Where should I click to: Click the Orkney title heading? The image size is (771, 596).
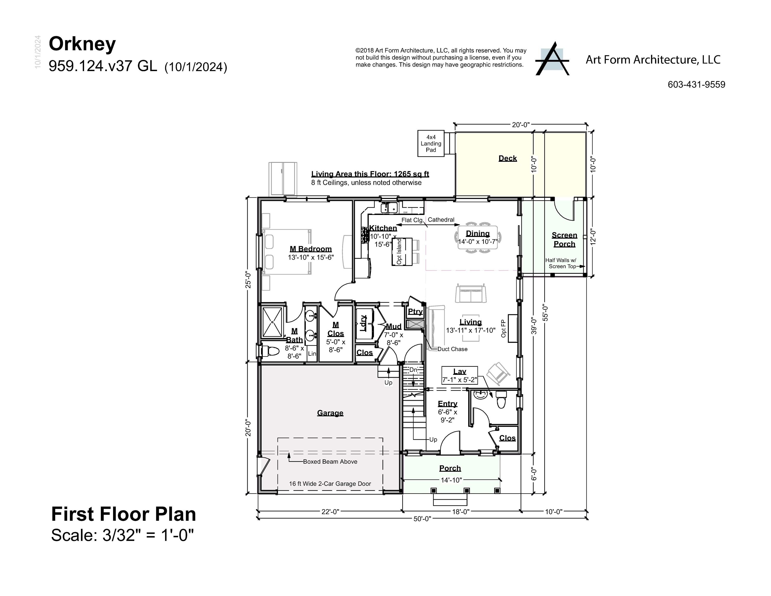tap(82, 44)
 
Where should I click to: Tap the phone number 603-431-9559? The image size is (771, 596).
tap(696, 85)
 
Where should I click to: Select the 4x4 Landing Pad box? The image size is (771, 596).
tap(431, 143)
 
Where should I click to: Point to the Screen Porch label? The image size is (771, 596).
tap(564, 239)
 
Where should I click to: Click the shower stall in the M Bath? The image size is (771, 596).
tap(272, 322)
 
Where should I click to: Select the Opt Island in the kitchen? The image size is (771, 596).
tap(402, 251)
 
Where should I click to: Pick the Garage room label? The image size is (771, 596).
tap(330, 413)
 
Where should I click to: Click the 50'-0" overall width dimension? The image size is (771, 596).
tap(422, 519)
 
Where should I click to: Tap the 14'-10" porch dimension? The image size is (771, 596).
tap(451, 480)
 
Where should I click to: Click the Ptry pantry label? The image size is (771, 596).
tap(415, 311)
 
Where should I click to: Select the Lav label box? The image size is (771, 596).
tap(460, 375)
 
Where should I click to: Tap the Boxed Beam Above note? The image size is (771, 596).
tap(330, 461)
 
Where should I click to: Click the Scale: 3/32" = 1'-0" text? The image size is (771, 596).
tap(123, 535)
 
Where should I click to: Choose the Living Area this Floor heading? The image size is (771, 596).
tap(370, 174)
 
